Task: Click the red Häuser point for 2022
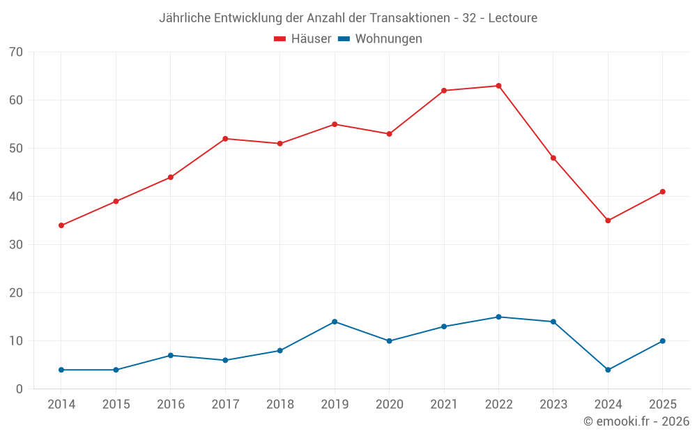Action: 498,86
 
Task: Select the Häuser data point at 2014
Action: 61,225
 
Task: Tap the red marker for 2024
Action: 608,220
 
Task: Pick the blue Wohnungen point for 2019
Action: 335,322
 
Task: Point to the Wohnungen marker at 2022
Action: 498,317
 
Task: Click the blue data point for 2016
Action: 171,356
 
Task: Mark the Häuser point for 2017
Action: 225,139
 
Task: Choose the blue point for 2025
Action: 662,341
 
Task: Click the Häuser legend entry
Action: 302,39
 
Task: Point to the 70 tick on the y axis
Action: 16,52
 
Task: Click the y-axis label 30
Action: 16,245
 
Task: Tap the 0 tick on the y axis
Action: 20,389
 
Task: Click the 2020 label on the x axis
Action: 389,405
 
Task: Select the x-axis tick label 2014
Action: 61,405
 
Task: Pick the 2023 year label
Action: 553,405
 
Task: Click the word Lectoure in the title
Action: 513,18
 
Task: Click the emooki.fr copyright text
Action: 636,421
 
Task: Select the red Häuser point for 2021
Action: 444,91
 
